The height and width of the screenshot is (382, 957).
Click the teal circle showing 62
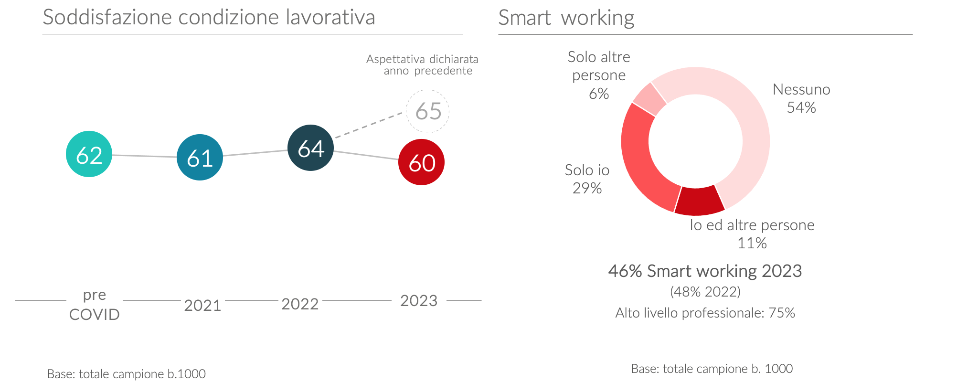point(89,154)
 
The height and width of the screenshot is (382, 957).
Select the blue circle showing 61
point(200,157)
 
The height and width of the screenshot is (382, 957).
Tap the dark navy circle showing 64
point(310,148)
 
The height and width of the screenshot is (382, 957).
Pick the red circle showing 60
point(421,162)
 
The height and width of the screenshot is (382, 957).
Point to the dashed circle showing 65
point(427,111)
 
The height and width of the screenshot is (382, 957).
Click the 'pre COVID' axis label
point(94,305)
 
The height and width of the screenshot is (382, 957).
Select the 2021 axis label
point(202,305)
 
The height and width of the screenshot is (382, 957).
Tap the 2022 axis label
point(300,304)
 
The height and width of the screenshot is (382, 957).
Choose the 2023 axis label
point(419,301)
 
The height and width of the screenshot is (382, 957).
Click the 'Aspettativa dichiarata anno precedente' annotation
point(423,65)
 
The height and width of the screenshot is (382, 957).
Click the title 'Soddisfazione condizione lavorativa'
point(209,17)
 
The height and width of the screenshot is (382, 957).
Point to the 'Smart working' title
point(566,18)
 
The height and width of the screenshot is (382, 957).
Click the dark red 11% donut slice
point(699,201)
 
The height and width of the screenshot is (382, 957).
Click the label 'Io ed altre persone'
point(752,225)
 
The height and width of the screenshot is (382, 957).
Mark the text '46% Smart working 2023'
point(705,271)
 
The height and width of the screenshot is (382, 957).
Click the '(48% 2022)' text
point(705,291)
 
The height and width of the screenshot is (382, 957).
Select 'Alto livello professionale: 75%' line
point(705,313)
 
